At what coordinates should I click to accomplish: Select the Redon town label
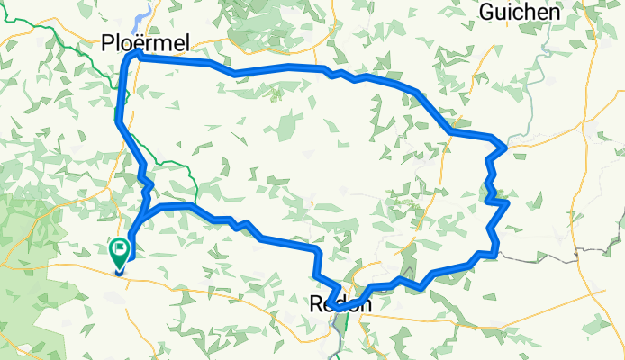[x=340, y=304]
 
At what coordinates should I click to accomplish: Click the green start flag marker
[x=119, y=250]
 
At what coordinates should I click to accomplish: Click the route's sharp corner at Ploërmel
[x=127, y=58]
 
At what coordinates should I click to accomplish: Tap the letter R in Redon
[x=317, y=304]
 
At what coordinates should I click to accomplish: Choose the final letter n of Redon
[x=364, y=304]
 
